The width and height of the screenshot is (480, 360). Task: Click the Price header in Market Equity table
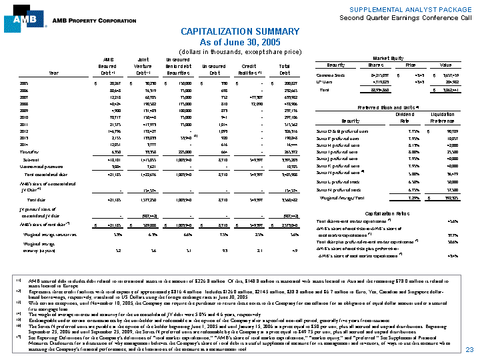pyautogui.click(x=409, y=65)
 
